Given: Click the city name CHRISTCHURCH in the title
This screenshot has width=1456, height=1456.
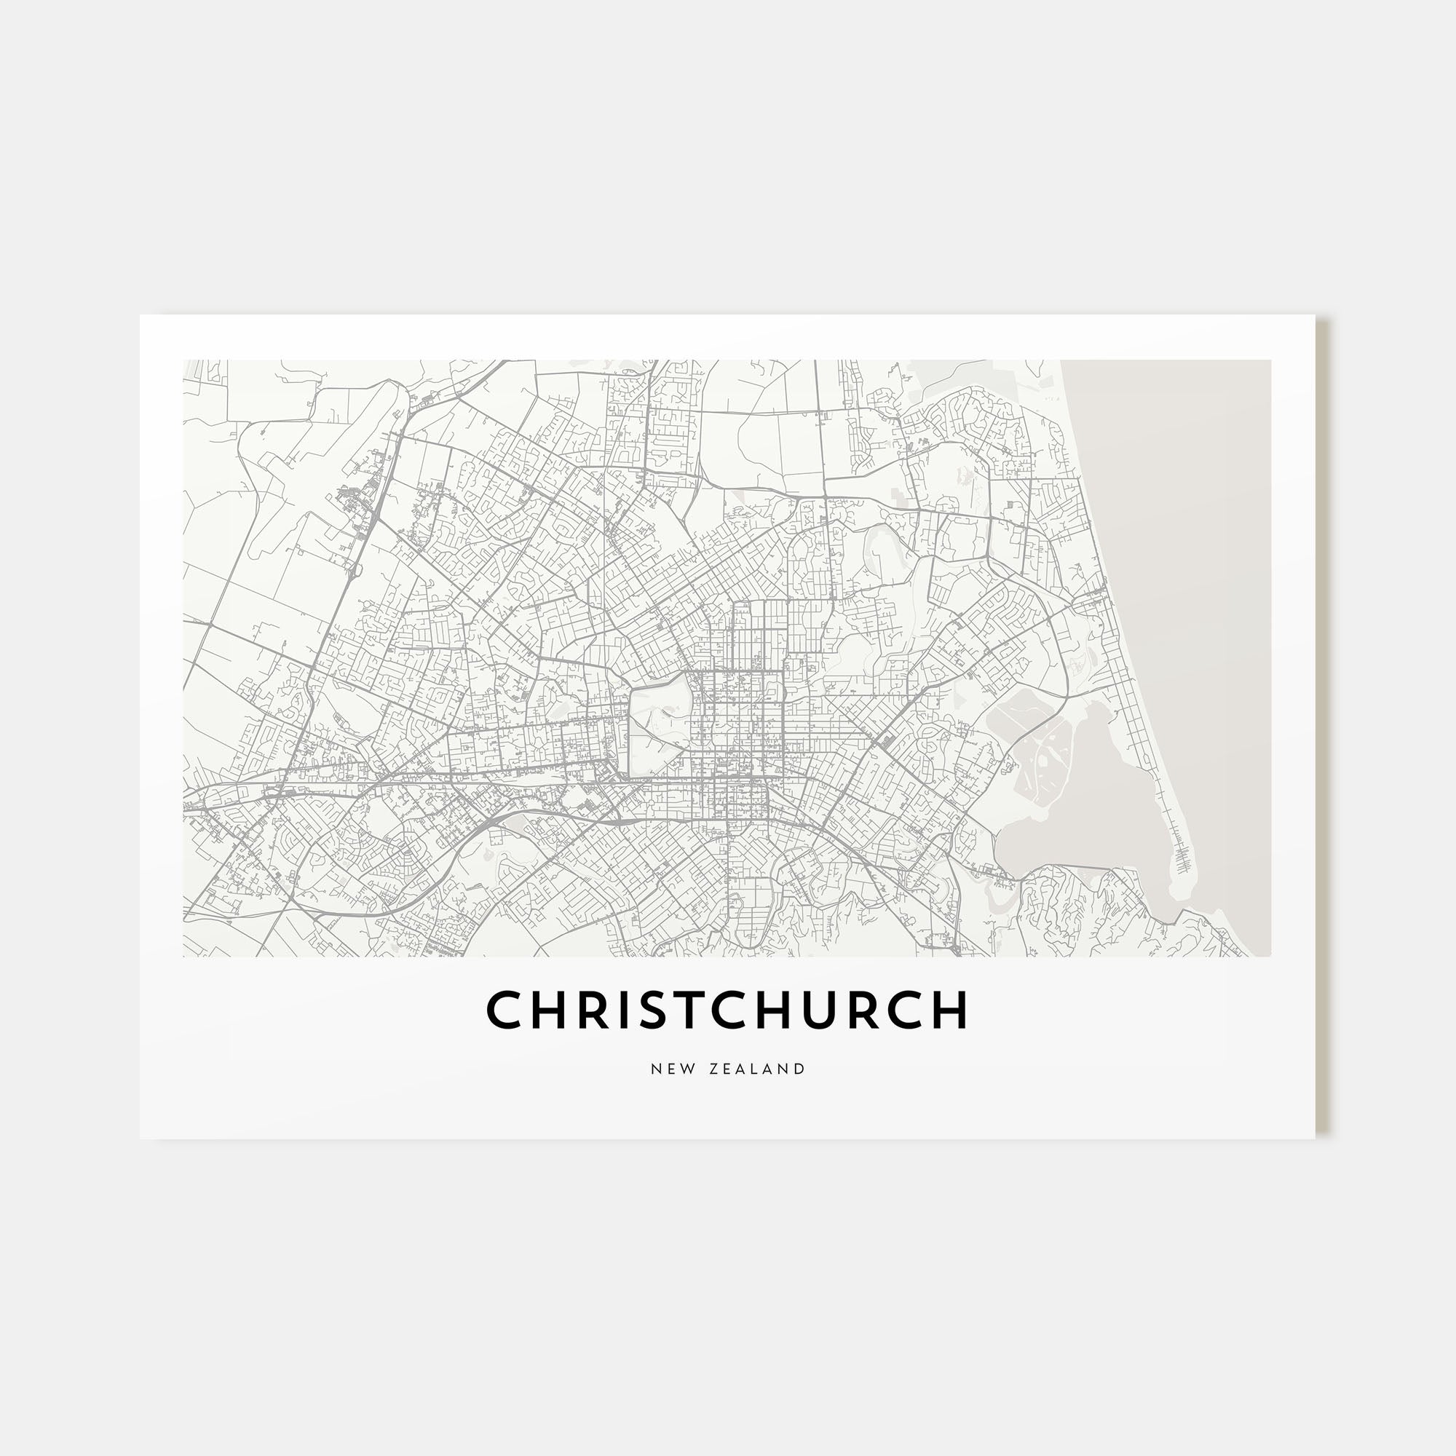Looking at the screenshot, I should coord(727,1010).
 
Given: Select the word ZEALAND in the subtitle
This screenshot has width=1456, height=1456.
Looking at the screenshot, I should coord(757,1069).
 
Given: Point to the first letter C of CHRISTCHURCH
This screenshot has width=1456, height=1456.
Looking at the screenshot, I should coord(505,1010).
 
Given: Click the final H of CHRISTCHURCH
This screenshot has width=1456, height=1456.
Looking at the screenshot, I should coord(948,1010).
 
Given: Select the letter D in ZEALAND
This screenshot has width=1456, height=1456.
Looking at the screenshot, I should coord(800,1069).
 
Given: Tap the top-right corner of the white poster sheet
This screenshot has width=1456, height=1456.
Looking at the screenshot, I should coord(1314,316).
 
